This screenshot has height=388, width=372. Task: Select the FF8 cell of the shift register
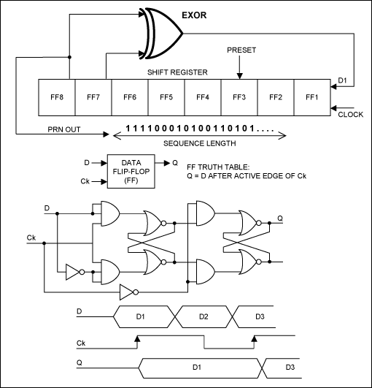(x=55, y=96)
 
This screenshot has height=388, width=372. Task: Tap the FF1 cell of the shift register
(x=311, y=96)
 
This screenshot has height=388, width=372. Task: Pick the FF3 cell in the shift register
(x=239, y=96)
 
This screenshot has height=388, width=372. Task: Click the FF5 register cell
(x=166, y=96)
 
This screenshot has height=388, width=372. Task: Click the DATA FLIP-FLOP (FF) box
(x=132, y=172)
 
